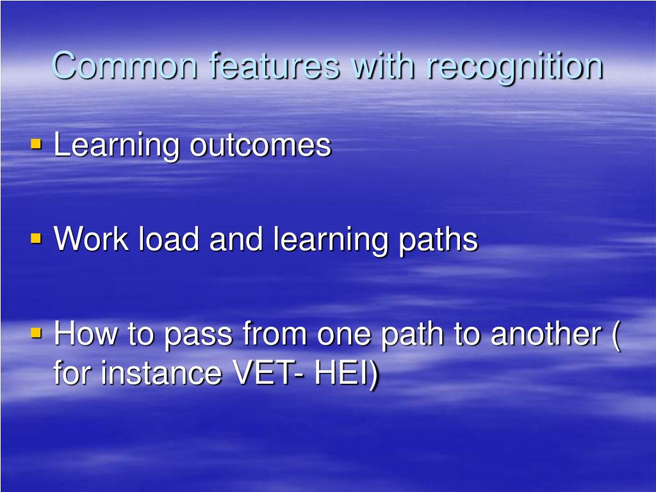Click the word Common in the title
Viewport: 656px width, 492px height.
click(124, 66)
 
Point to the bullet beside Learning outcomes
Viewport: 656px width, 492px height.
click(37, 144)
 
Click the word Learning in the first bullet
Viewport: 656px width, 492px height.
click(116, 147)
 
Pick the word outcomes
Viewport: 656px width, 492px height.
click(260, 147)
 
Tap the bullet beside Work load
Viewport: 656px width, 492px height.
click(37, 239)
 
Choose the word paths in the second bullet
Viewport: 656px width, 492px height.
click(438, 241)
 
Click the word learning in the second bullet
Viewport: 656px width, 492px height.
click(330, 241)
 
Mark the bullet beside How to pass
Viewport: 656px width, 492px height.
click(37, 333)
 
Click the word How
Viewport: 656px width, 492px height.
click(86, 333)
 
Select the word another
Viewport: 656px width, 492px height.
click(546, 333)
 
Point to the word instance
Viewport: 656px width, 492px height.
click(161, 372)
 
